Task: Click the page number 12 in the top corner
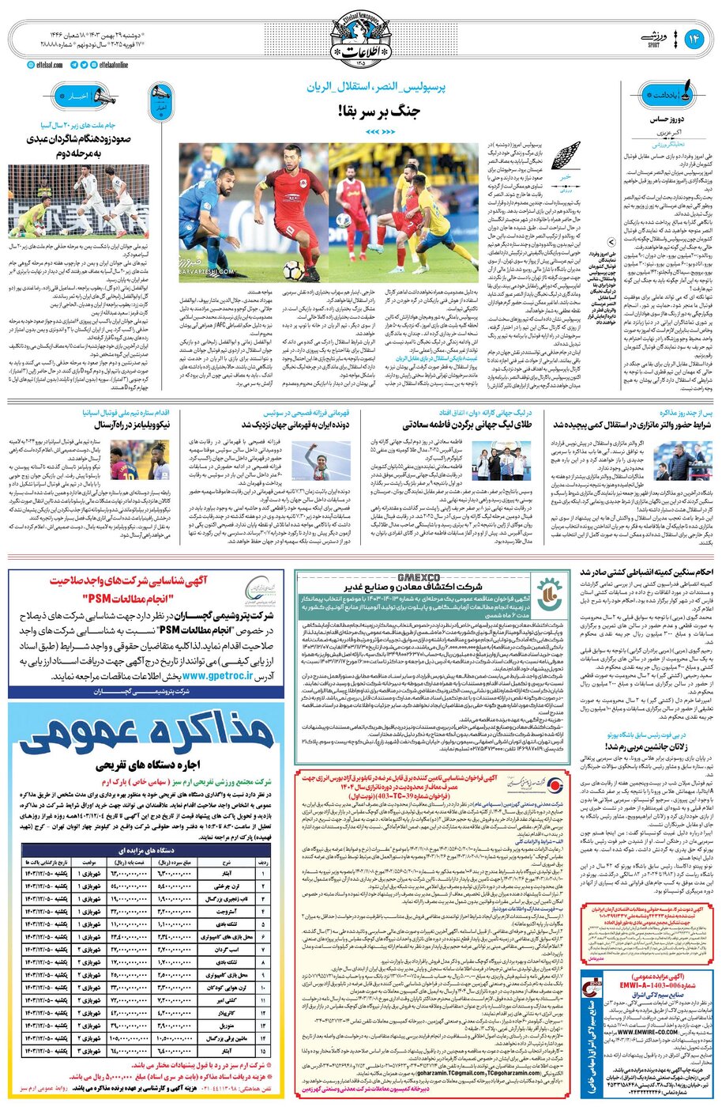pos(698,38)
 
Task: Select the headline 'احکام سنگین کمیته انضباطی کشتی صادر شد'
pos(647,572)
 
